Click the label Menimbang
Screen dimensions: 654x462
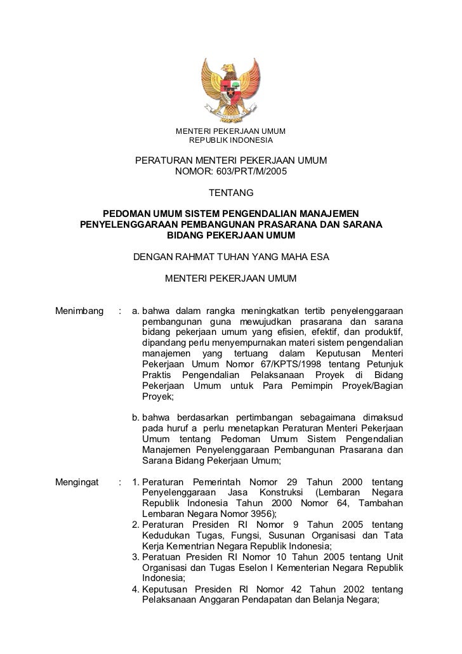click(x=79, y=311)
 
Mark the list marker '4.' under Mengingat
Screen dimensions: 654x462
click(x=136, y=589)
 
